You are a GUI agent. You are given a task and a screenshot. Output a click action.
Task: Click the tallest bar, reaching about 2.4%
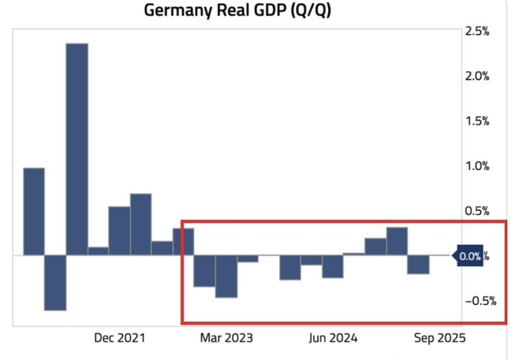pyautogui.click(x=77, y=148)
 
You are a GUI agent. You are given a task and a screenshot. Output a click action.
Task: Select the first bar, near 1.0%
pyautogui.click(x=34, y=212)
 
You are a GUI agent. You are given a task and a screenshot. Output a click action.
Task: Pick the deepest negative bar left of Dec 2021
pyautogui.click(x=55, y=283)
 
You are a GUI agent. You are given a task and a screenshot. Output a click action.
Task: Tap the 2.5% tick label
pyautogui.click(x=477, y=31)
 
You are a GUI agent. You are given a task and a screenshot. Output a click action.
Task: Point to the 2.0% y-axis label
pyautogui.click(x=477, y=76)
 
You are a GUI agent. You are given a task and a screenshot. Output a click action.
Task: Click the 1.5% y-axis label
pyautogui.click(x=477, y=121)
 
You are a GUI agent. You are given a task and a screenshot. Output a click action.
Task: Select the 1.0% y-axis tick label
pyautogui.click(x=477, y=166)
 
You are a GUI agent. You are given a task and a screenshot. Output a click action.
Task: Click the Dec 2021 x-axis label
pyautogui.click(x=120, y=338)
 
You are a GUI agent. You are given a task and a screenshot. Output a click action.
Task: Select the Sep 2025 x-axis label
pyautogui.click(x=437, y=338)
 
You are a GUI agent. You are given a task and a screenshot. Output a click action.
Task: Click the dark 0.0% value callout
pyautogui.click(x=469, y=256)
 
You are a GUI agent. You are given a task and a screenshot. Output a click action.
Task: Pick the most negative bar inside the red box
pyautogui.click(x=227, y=276)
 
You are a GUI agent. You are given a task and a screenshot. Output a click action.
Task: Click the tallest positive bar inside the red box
pyautogui.click(x=397, y=241)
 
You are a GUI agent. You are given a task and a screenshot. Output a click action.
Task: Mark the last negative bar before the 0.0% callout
pyautogui.click(x=418, y=264)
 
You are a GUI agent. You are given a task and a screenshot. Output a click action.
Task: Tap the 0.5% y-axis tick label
pyautogui.click(x=477, y=211)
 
